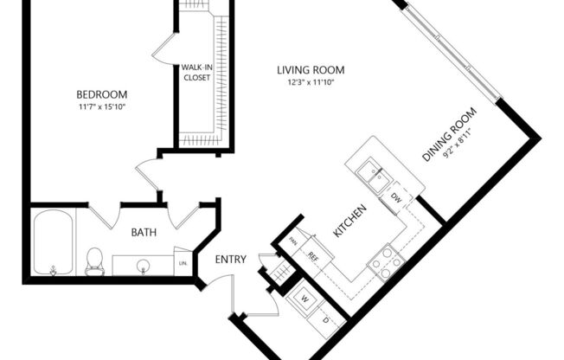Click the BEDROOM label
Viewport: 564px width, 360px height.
click(x=101, y=94)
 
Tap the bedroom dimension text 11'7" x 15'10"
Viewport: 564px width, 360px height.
click(x=101, y=107)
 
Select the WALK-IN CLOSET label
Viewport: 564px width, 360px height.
click(x=197, y=72)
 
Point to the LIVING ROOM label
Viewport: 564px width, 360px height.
click(x=311, y=70)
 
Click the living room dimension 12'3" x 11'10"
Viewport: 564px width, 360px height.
click(x=311, y=83)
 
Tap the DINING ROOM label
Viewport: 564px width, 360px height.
click(x=449, y=134)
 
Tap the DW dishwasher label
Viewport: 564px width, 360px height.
click(x=396, y=199)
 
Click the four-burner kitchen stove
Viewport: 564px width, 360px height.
click(x=386, y=260)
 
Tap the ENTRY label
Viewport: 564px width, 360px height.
click(x=231, y=260)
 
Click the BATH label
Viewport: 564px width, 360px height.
click(x=143, y=232)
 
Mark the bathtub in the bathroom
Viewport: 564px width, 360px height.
click(x=54, y=244)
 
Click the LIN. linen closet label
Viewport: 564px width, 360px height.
click(x=183, y=262)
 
